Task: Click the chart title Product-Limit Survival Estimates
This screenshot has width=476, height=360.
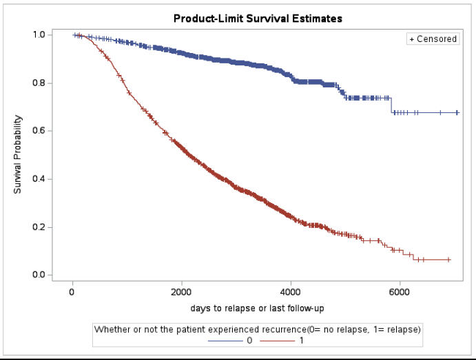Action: pos(256,19)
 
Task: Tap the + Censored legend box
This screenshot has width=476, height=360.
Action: pos(433,39)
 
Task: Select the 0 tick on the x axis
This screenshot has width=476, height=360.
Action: pos(72,291)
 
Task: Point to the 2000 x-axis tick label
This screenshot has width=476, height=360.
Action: pos(181,291)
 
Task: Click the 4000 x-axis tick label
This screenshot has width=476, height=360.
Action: pos(291,291)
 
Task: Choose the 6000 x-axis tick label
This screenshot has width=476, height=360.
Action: pos(400,291)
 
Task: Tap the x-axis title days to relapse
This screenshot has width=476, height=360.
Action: pos(256,308)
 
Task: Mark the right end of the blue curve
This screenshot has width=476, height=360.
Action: pos(459,112)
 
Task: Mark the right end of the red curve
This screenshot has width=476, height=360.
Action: pos(450,260)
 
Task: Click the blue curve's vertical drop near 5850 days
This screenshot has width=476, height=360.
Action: pos(391,105)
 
